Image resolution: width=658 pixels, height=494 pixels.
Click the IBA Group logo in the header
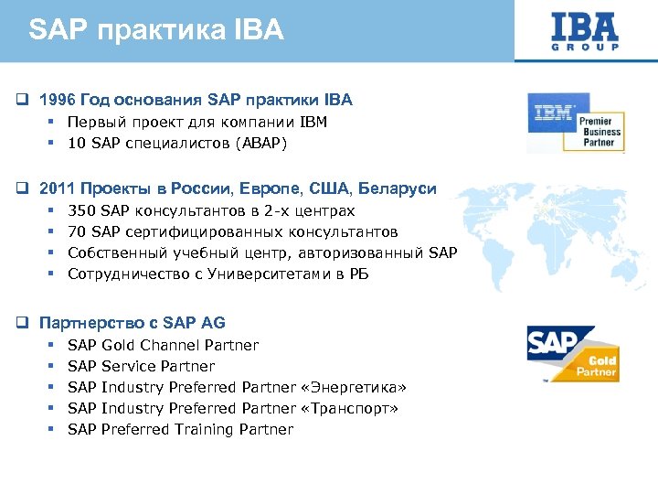click(x=586, y=31)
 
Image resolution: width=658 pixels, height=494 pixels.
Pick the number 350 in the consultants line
click(x=81, y=211)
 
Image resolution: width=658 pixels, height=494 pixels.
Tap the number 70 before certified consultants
click(x=77, y=232)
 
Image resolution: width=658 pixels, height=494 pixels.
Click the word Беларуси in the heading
click(x=398, y=188)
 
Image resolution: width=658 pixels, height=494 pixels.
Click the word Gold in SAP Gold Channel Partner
click(x=120, y=345)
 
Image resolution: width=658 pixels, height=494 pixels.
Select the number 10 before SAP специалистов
click(x=77, y=143)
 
